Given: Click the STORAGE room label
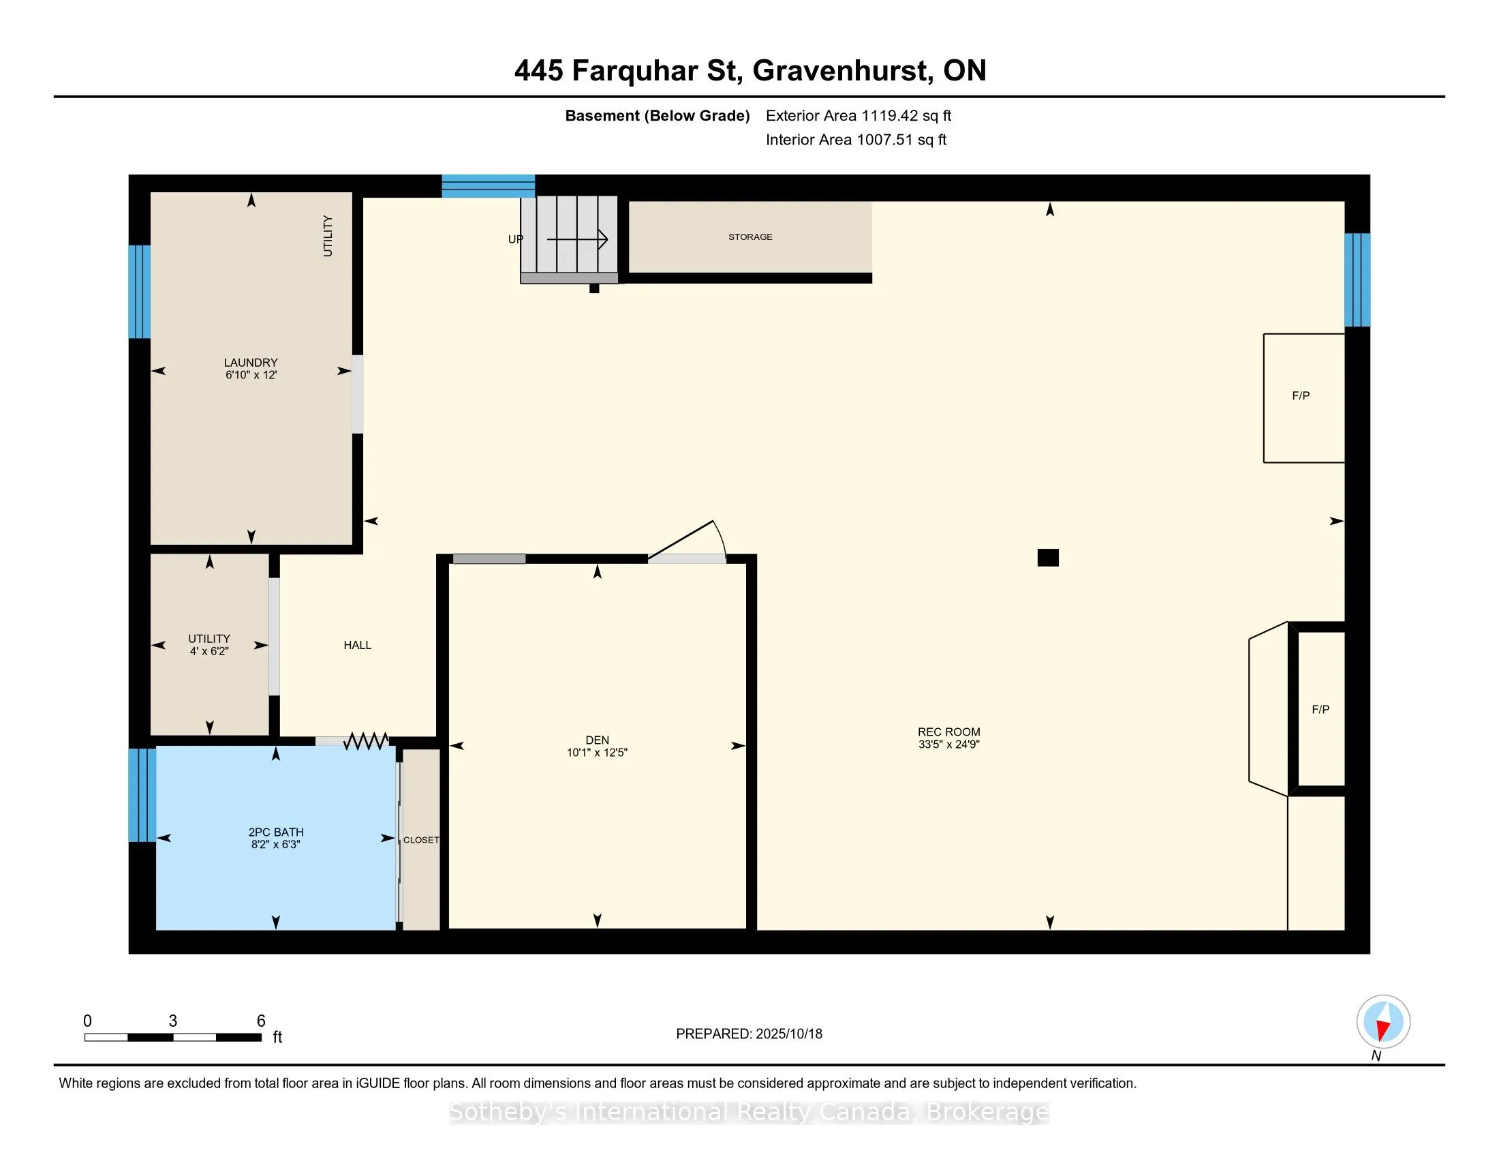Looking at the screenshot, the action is point(750,237).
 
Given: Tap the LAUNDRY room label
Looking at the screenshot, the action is point(251,363).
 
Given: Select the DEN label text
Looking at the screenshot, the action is point(597,740).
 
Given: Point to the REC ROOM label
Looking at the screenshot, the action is point(948,732).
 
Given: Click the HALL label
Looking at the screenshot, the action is point(357,646).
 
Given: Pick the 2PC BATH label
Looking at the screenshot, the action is point(276,832).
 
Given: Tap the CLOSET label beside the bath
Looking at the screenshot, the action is point(420,841).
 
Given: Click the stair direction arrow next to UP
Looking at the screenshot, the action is point(577,239).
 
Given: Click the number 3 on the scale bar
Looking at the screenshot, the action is point(173,1021).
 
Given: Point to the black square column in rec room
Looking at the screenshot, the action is point(1047,558).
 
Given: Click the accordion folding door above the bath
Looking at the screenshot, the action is point(366,741).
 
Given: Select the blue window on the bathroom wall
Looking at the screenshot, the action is point(142,795).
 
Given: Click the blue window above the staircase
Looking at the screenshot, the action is point(488,186).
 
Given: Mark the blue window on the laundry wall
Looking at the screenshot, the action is point(139,292).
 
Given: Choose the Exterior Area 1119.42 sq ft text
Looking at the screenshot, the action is point(859,116).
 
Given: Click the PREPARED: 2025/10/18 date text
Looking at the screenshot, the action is point(749,1034).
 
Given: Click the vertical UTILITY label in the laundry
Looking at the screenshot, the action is point(328,236).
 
